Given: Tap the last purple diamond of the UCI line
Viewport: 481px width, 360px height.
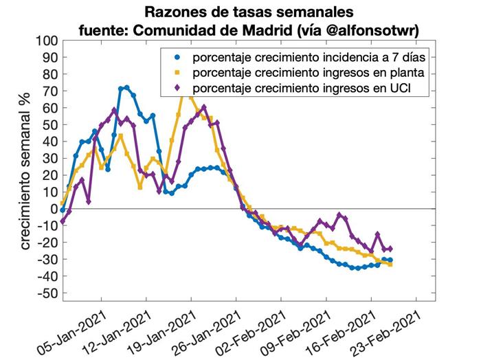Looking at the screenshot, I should [x=390, y=249].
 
